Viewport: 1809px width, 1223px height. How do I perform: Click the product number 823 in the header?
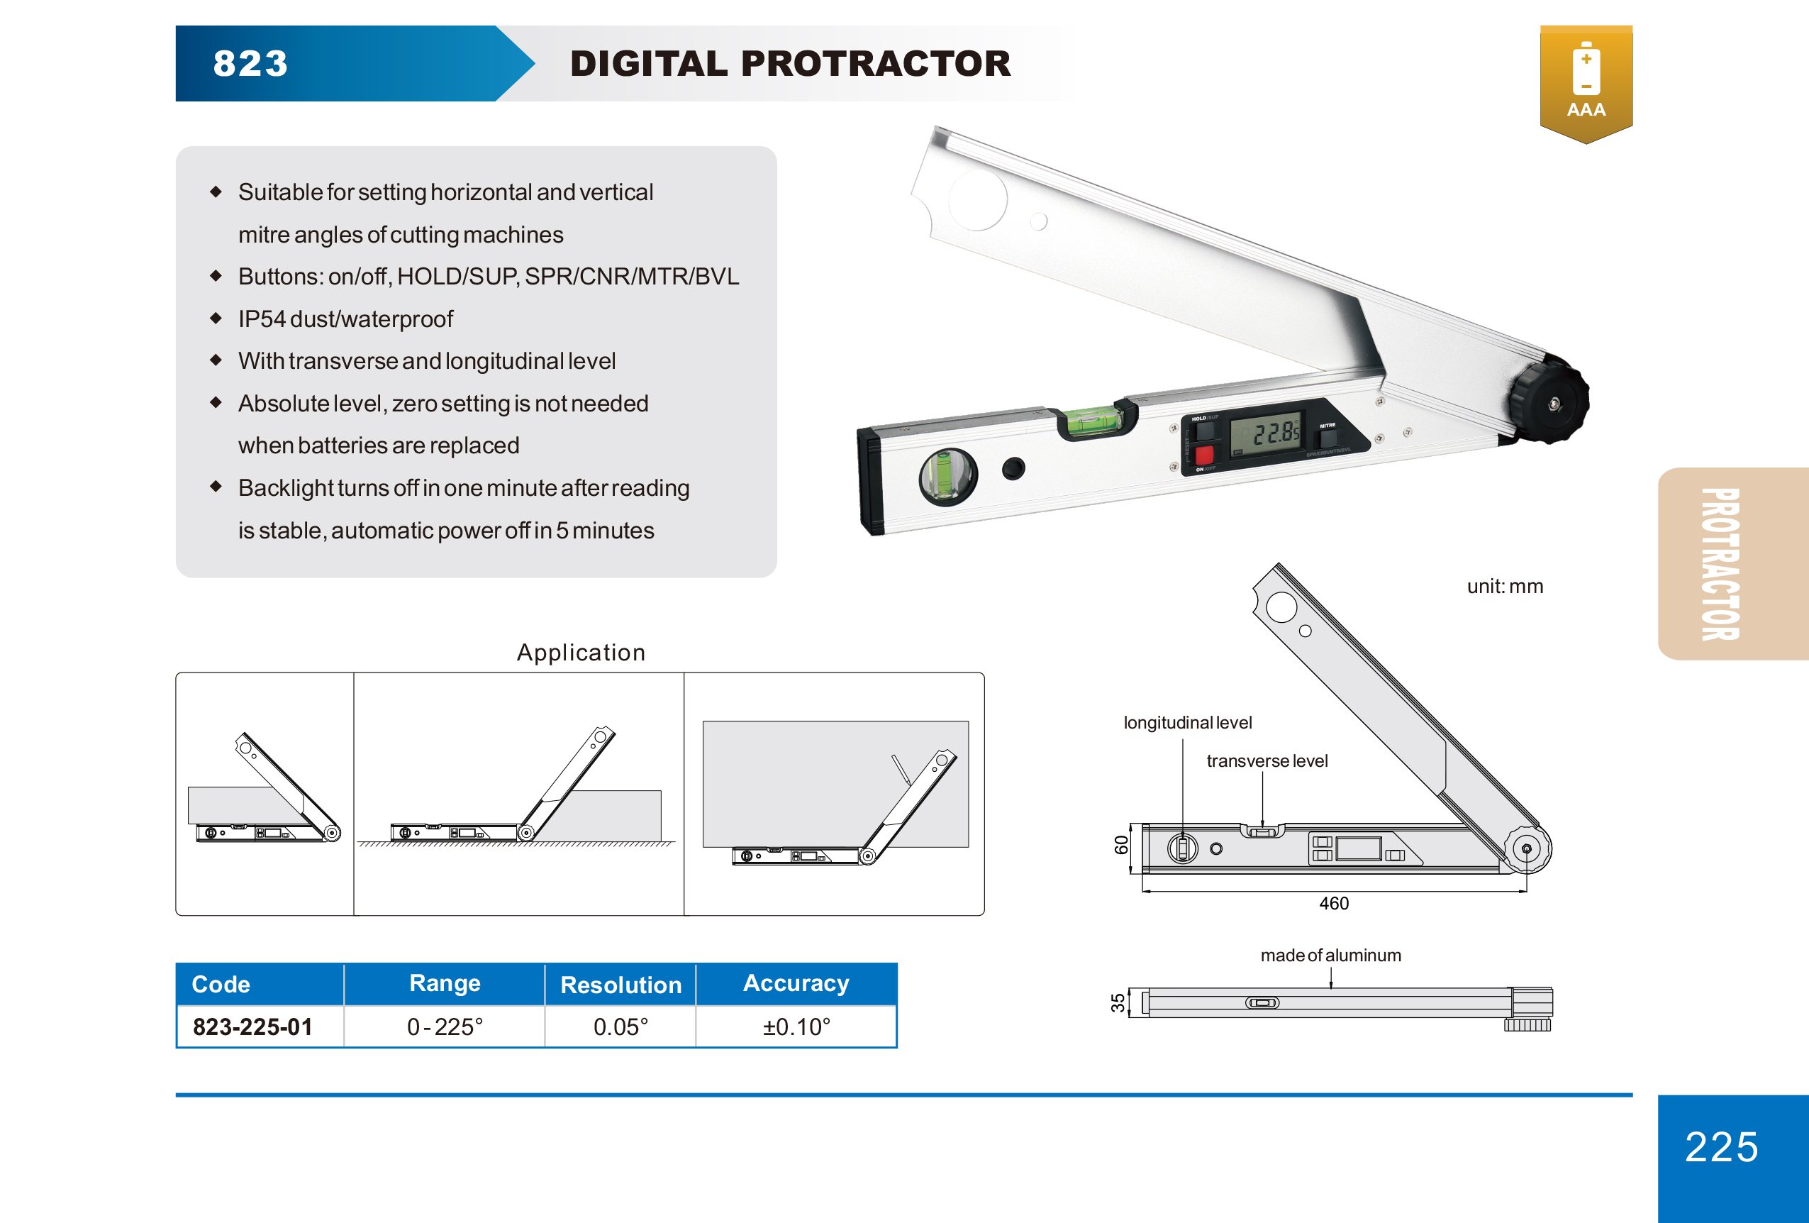(x=250, y=64)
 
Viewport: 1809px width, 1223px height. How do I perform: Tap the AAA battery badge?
(x=1586, y=82)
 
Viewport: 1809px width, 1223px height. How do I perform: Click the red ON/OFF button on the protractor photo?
(x=1203, y=455)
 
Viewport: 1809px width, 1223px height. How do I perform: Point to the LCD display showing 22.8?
(x=1267, y=433)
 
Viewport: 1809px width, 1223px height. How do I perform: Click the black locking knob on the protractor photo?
(x=1548, y=399)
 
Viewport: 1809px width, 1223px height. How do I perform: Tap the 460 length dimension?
(x=1333, y=903)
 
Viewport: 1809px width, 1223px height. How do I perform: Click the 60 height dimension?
(x=1121, y=845)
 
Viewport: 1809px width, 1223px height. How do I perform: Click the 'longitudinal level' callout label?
(x=1187, y=722)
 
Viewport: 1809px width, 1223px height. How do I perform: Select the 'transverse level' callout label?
(x=1267, y=760)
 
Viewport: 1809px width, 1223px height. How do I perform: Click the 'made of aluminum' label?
(x=1330, y=955)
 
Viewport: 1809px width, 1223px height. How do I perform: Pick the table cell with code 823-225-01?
(x=252, y=1026)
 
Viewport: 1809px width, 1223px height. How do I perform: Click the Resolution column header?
(x=620, y=985)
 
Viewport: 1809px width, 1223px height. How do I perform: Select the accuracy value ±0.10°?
(x=796, y=1026)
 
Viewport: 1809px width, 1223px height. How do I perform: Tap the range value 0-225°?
(x=445, y=1026)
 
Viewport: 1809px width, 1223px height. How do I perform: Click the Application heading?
(x=581, y=653)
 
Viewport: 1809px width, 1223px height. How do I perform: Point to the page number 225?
(x=1721, y=1146)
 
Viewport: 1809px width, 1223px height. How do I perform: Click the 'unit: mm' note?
(x=1504, y=586)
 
